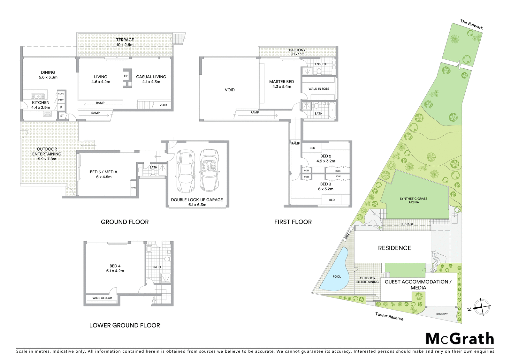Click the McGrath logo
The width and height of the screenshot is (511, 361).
[460, 339]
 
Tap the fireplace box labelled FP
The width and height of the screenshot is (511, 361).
[126, 76]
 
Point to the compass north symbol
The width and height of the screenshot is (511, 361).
[481, 307]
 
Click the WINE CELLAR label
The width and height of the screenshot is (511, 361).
[102, 298]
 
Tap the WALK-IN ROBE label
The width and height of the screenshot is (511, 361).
[319, 89]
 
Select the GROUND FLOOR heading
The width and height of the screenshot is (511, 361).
[125, 222]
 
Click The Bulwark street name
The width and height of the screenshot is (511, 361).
[471, 24]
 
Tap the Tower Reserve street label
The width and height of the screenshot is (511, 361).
[389, 316]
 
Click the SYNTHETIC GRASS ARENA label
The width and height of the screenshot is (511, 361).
[414, 200]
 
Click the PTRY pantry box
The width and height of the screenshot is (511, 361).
[61, 100]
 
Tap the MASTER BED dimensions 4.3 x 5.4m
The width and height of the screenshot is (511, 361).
[282, 86]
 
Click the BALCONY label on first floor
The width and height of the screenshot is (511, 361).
[297, 50]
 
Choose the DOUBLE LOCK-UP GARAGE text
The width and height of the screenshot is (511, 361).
[197, 200]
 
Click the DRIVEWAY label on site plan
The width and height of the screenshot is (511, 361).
[442, 314]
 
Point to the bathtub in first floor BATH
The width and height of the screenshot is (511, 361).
[332, 110]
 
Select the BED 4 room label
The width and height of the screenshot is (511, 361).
[115, 266]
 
